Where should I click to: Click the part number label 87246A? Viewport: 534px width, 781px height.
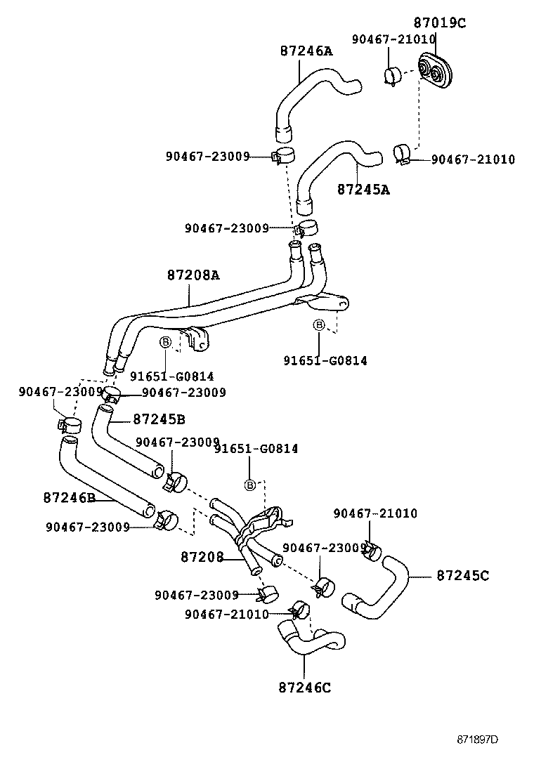(306, 51)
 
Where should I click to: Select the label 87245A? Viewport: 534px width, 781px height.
(363, 190)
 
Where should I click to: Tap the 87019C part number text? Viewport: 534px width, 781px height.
(440, 22)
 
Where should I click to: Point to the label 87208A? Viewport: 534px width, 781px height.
(193, 275)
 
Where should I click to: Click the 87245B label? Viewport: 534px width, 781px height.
(159, 419)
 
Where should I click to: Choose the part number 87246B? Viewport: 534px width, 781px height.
(69, 497)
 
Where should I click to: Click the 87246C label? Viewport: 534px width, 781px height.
(304, 687)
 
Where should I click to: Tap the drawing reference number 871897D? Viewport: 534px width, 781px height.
(477, 740)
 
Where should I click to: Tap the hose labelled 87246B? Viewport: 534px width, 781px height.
(105, 478)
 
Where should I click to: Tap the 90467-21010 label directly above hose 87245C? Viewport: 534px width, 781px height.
(375, 514)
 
